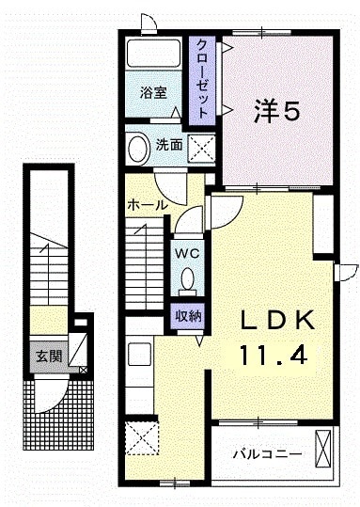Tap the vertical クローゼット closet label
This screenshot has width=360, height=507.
201,78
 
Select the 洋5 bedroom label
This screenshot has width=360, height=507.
275,113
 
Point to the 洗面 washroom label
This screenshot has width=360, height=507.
168,146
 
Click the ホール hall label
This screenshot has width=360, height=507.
148,204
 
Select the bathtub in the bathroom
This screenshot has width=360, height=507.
154,53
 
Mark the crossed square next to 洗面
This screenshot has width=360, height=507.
199,148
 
